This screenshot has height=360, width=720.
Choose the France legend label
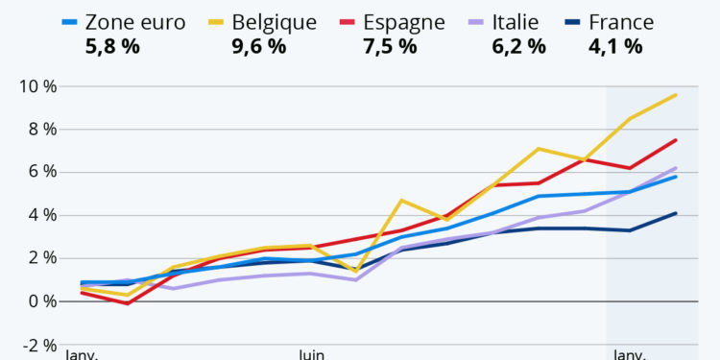(621, 21)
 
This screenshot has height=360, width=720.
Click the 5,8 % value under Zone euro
(112, 46)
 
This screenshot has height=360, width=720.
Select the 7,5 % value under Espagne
(391, 46)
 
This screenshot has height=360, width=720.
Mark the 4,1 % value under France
(615, 46)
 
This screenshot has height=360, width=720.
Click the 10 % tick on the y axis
(37, 87)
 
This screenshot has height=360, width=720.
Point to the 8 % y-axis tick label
(41, 130)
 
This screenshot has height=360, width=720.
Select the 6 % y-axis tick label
(41, 173)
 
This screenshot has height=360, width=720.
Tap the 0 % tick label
(41, 301)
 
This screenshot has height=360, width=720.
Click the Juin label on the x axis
(312, 354)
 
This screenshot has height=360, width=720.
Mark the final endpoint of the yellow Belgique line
(676, 95)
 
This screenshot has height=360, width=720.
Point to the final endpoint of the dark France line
(676, 213)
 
